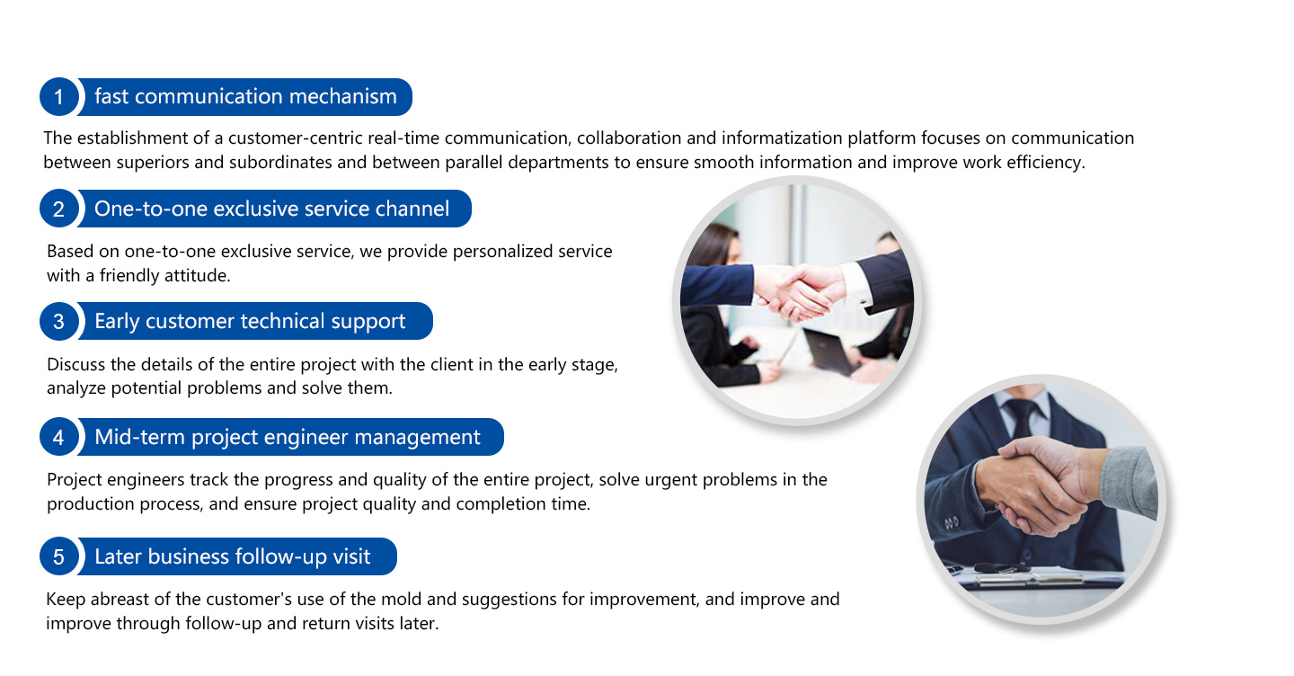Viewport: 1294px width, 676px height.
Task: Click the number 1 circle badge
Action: coord(59,97)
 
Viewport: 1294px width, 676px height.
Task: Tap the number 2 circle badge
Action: coord(59,209)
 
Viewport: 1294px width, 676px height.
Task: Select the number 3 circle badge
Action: coord(59,321)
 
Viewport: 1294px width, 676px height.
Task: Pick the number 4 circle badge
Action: coord(59,437)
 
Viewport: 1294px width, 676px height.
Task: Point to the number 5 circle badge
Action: coord(59,556)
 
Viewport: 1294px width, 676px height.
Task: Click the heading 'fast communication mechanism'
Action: coord(245,96)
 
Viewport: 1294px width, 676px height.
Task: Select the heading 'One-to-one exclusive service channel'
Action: coord(271,209)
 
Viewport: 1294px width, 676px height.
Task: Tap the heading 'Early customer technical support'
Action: coord(250,321)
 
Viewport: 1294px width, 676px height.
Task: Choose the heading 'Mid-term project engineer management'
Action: coord(288,438)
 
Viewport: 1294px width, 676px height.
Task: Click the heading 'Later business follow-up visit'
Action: coord(232,556)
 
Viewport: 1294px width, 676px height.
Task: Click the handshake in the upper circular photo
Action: coord(800,293)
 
